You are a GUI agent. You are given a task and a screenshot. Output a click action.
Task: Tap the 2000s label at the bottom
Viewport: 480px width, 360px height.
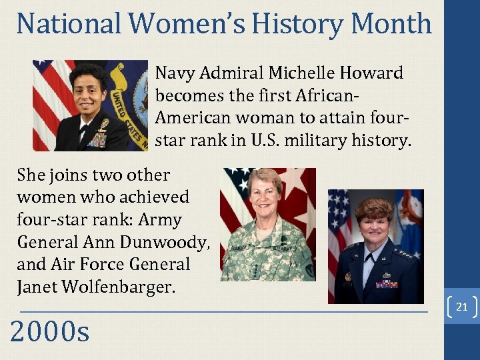click(x=49, y=331)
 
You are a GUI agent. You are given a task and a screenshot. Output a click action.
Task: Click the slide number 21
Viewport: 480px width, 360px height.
click(x=461, y=307)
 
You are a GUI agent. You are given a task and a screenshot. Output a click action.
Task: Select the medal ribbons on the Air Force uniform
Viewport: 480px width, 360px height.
click(x=386, y=283)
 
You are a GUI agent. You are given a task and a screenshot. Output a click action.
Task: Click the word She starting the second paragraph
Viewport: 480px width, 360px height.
click(x=32, y=175)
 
